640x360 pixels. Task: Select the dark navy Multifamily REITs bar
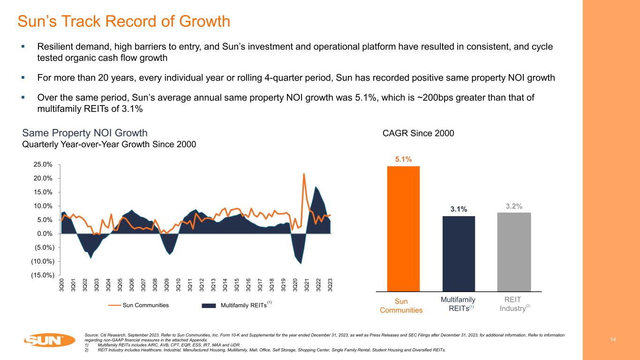tap(459, 253)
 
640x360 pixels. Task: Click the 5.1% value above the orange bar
tap(403, 159)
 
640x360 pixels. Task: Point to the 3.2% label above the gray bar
tap(514, 206)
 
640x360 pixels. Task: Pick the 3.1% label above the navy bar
tap(459, 209)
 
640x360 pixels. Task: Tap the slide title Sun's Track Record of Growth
tap(124, 21)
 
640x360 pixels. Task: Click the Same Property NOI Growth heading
tap(85, 133)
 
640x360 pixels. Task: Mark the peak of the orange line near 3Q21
tap(304, 174)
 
